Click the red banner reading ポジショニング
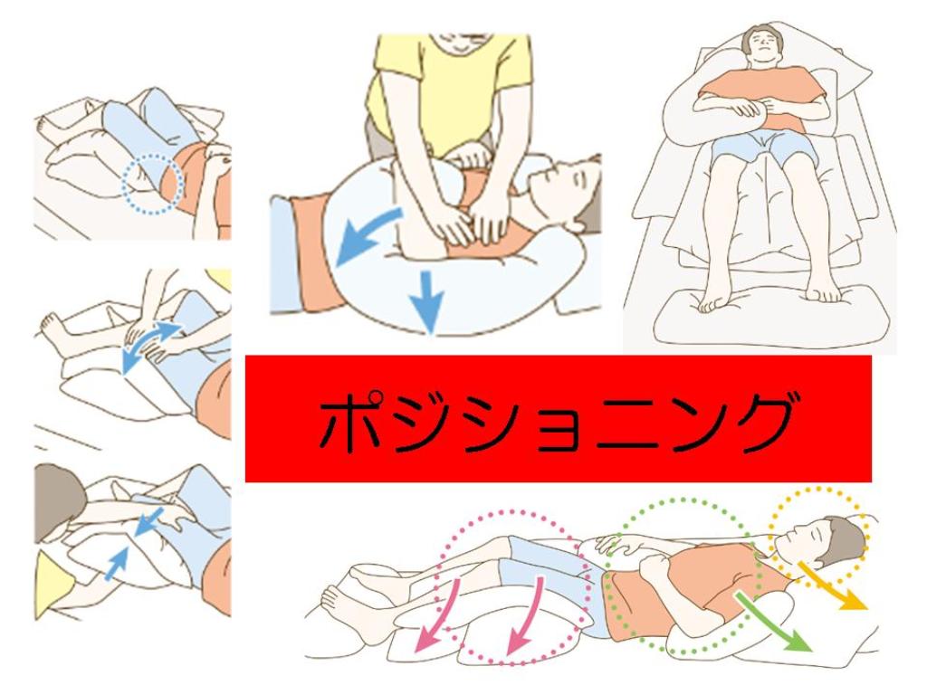tap(558, 418)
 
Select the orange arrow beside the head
tap(832, 586)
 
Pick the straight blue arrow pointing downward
tap(430, 301)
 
